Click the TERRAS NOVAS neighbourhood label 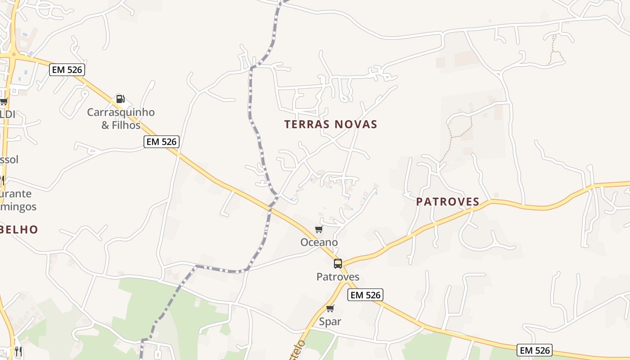click(330, 124)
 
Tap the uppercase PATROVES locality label click(447, 202)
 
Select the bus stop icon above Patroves click(337, 264)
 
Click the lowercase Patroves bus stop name click(337, 276)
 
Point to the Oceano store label click(319, 242)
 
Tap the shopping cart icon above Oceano click(319, 229)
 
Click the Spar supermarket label click(330, 321)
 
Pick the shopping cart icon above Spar click(330, 309)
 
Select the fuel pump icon click(120, 99)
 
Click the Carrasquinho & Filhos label click(121, 118)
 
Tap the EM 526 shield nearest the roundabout click(67, 70)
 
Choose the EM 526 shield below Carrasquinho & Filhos click(162, 142)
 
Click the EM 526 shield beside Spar click(365, 295)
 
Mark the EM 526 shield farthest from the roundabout click(534, 350)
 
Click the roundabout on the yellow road click(13, 54)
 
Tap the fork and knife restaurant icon click(18, 351)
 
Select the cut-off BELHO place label click(19, 229)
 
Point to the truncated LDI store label click(8, 114)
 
